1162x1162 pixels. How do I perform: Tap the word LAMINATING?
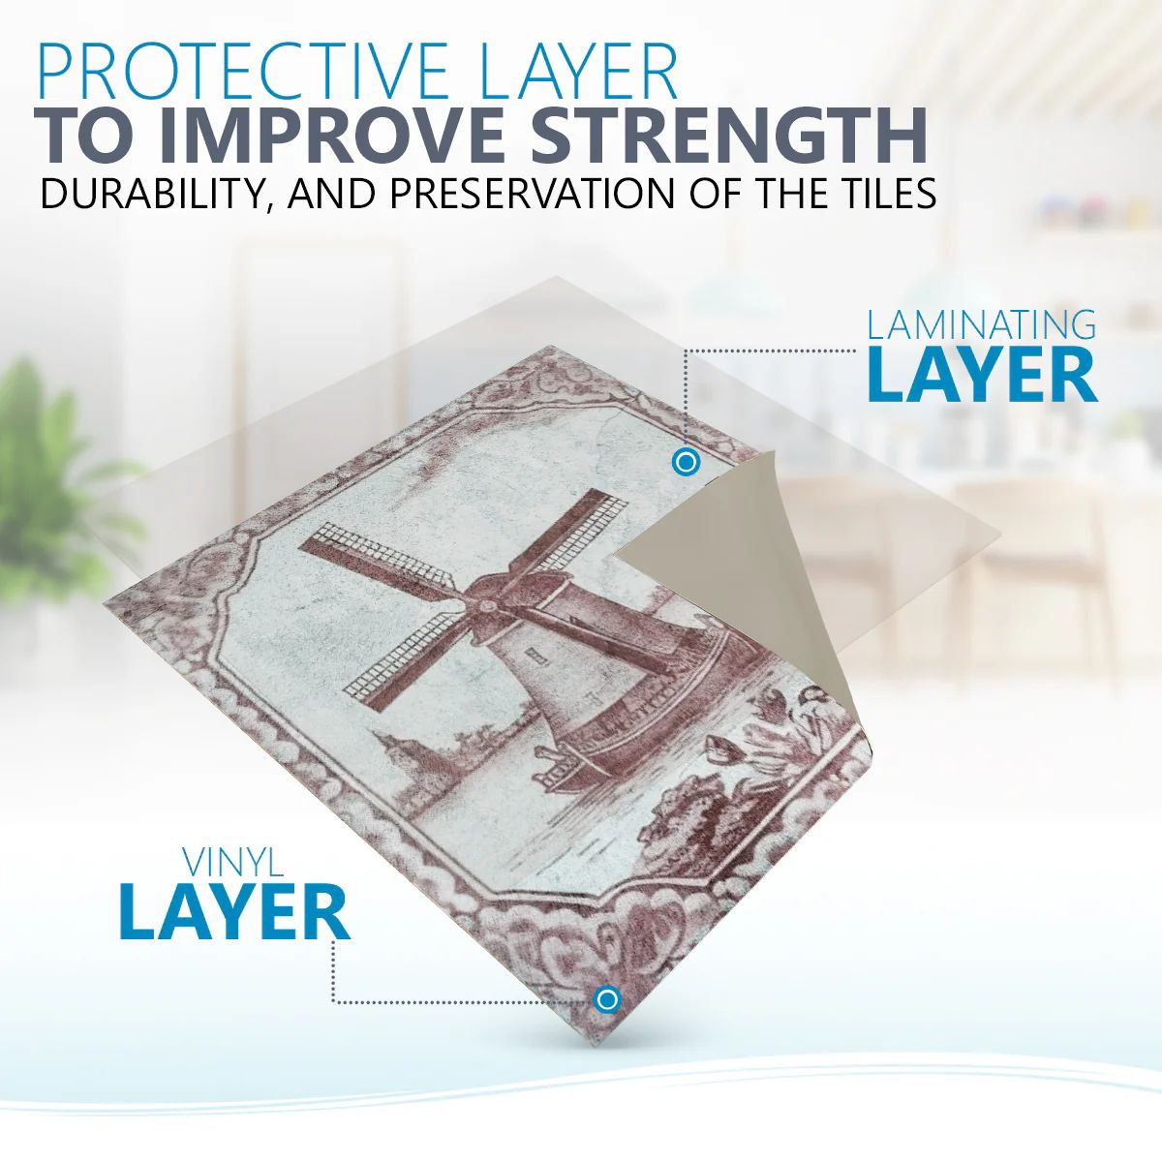(x=982, y=324)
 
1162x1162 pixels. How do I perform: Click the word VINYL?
(x=233, y=864)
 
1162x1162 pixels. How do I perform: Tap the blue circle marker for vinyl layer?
(x=607, y=999)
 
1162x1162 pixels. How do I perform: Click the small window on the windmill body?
(x=533, y=657)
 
